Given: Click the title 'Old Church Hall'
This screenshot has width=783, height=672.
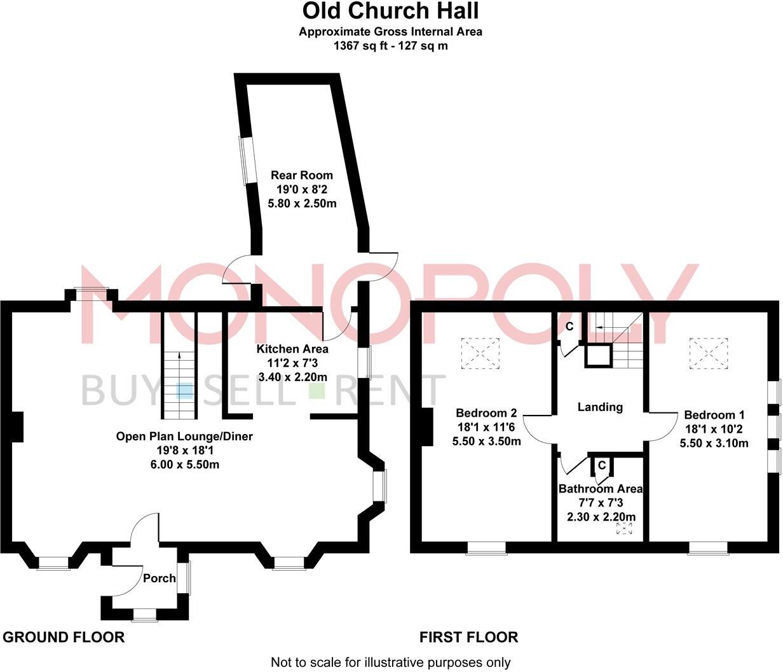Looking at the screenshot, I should pos(390,11).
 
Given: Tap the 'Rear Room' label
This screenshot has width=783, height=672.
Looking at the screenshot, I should pos(301,175).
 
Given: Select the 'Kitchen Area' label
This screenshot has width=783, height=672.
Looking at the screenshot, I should pos(292,349).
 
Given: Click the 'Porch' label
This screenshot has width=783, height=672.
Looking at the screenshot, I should pos(159,578).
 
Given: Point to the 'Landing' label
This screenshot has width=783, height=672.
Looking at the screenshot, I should pos(599,407).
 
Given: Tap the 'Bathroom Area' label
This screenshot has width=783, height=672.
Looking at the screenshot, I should pos(600,489).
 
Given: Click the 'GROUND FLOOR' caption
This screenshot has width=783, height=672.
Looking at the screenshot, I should pos(64,637).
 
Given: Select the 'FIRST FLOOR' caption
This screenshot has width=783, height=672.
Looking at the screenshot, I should pos(468,637).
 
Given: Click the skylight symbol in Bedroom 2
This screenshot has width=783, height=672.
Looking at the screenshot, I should pos(480,353).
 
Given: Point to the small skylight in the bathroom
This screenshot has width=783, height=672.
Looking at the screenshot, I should pos(625,528).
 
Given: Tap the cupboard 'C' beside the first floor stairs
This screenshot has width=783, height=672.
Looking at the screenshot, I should pos(569,326).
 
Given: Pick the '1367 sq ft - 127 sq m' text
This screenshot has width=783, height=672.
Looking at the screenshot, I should pos(390,46).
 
